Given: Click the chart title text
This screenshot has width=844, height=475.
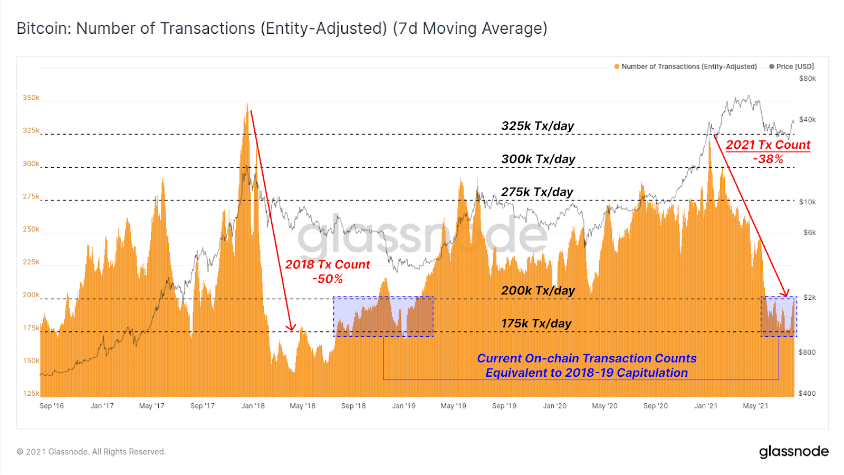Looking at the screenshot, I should (282, 28).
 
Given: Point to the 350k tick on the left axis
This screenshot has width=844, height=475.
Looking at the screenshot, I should (31, 98).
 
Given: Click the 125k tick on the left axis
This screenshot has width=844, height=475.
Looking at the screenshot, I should (31, 393).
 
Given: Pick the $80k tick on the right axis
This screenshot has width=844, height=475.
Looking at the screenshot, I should (807, 79).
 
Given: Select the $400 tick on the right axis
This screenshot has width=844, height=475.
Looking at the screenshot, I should (807, 393).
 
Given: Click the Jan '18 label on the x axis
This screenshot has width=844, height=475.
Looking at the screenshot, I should (253, 406).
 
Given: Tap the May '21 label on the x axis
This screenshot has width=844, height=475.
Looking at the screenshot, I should (755, 406).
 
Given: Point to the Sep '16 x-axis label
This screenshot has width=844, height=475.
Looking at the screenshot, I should (52, 406).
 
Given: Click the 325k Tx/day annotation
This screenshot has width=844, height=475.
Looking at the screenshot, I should (538, 126).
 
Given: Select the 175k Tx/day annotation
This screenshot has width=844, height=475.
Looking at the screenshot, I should (536, 324).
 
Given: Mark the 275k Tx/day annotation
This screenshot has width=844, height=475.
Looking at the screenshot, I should (537, 192).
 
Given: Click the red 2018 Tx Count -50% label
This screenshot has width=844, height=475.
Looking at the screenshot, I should (328, 271).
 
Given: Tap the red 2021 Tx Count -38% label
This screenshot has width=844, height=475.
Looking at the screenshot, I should (768, 151).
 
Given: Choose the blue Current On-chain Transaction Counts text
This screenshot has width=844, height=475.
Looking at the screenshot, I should (587, 359).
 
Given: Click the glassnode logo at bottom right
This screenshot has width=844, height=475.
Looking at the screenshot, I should (793, 452).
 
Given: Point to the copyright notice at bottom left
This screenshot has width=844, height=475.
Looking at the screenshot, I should (91, 452).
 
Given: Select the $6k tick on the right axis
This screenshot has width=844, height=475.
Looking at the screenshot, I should (809, 233).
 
